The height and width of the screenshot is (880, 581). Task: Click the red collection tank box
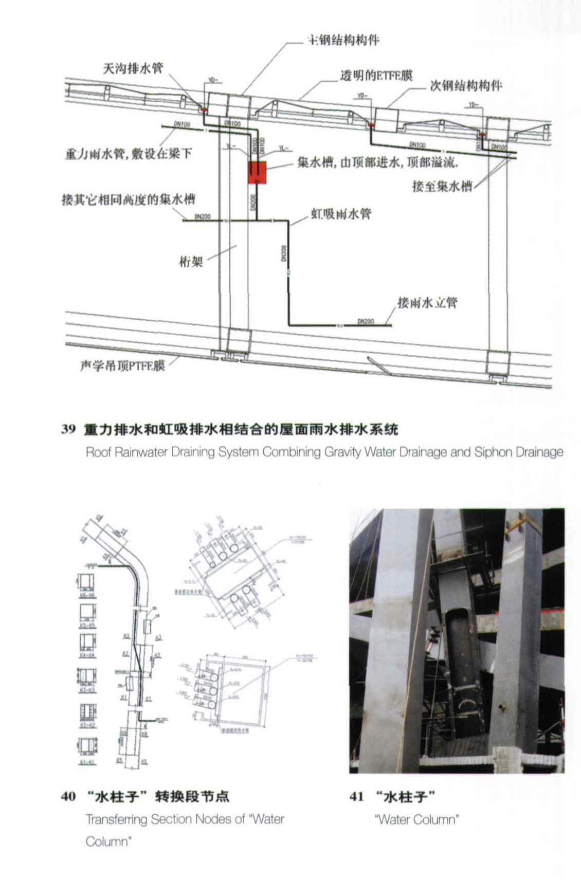[257, 173]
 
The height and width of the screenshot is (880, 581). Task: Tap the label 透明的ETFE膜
[376, 76]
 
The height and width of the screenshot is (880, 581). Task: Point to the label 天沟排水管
[133, 68]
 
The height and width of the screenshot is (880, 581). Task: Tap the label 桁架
[191, 262]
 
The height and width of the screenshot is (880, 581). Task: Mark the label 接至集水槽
[442, 186]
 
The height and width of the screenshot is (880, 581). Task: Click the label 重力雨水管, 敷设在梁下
[128, 154]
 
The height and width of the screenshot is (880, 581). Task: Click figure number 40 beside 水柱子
[68, 797]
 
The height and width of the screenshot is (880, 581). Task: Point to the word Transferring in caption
[117, 819]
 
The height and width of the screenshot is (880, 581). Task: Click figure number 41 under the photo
[357, 797]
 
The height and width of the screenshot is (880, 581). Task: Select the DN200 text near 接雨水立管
[366, 321]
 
